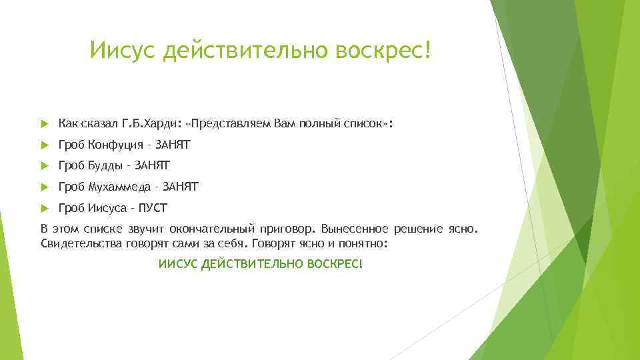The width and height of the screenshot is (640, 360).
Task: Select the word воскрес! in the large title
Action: click(x=383, y=50)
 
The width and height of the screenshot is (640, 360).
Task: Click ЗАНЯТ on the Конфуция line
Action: click(x=173, y=145)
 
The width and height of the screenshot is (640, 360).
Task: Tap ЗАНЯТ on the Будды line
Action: click(x=152, y=166)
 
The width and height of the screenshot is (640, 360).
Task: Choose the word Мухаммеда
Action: click(x=119, y=187)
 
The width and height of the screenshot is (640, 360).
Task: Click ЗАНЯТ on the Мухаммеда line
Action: click(x=181, y=187)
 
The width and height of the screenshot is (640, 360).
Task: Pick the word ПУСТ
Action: click(x=153, y=208)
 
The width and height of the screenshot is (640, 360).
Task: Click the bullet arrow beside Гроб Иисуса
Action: click(x=45, y=209)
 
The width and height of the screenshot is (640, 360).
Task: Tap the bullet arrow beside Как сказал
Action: click(x=45, y=124)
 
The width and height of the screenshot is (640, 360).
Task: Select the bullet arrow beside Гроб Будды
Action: click(x=45, y=166)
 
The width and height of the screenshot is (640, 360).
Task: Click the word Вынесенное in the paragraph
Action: click(x=355, y=229)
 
